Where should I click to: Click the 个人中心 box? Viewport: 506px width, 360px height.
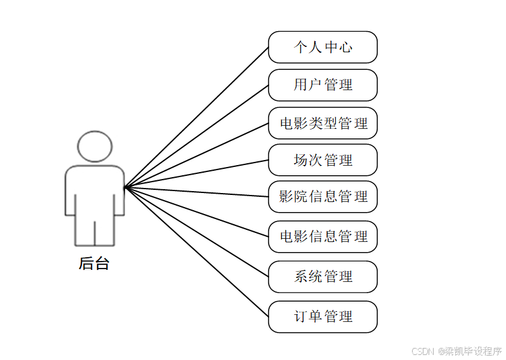click(x=323, y=47)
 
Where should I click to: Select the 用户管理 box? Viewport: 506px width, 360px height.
click(x=323, y=85)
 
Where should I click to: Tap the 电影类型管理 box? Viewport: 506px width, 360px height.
click(x=323, y=123)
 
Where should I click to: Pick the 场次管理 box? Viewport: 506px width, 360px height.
click(x=323, y=160)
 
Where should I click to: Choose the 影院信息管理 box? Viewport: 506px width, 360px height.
click(x=323, y=197)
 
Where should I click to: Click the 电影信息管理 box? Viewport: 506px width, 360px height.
click(x=323, y=237)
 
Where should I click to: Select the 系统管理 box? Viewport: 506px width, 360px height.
click(x=323, y=277)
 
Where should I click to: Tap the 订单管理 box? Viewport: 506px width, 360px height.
click(x=323, y=316)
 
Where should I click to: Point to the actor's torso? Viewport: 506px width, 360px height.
click(x=95, y=190)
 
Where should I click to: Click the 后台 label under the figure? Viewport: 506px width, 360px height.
click(x=94, y=263)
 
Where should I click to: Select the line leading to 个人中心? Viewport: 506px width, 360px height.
click(x=197, y=117)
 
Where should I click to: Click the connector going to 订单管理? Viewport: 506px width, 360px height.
click(x=197, y=251)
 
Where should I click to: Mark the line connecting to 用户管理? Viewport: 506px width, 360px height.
click(x=197, y=136)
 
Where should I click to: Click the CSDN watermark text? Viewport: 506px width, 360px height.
click(x=456, y=351)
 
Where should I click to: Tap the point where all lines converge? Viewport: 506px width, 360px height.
click(x=125, y=187)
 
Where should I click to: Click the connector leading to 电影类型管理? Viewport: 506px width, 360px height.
click(x=197, y=155)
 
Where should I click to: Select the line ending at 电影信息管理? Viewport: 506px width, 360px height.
click(x=197, y=212)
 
